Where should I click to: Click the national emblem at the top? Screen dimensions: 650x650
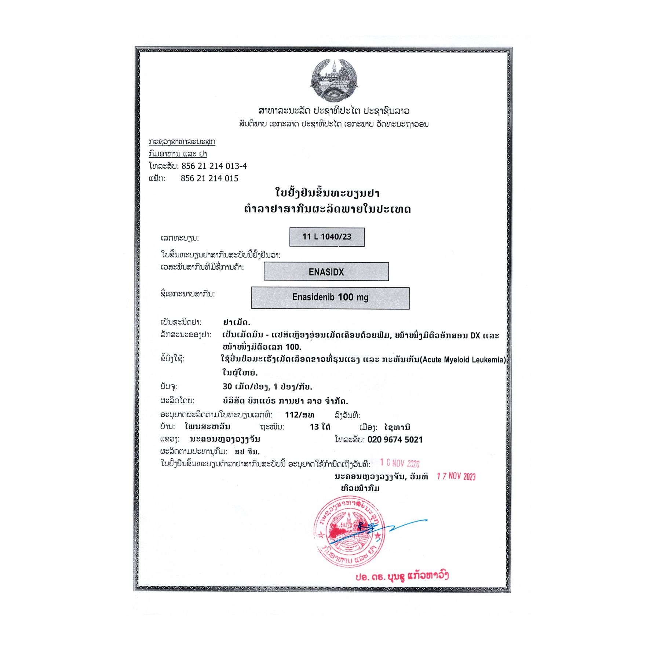(x=334, y=81)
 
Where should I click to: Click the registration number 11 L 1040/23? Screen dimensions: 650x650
(x=327, y=237)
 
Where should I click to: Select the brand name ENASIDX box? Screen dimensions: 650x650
(x=326, y=272)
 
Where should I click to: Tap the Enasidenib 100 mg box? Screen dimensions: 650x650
(x=330, y=297)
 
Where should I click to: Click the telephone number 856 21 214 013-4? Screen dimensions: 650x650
(x=214, y=166)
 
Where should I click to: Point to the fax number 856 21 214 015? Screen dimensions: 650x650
(x=209, y=179)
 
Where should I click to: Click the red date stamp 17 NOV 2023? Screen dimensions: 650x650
(x=456, y=476)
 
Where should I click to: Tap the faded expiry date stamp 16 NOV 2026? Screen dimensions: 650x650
(x=399, y=463)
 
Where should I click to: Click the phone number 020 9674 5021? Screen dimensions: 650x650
(x=395, y=439)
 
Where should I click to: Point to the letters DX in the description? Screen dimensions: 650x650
(x=475, y=336)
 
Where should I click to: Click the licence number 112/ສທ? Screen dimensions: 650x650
(x=299, y=415)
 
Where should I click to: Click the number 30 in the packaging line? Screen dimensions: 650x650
(x=227, y=387)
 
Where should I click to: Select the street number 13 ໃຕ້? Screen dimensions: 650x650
(x=320, y=427)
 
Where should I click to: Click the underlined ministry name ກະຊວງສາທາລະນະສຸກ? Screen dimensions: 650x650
(x=182, y=142)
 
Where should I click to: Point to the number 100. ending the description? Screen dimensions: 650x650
(x=293, y=347)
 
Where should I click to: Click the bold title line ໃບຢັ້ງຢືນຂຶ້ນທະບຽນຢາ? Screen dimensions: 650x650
(x=327, y=193)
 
